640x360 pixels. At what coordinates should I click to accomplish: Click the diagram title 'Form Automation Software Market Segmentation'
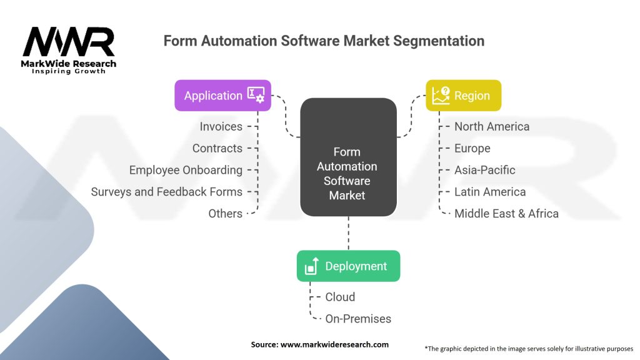coord(324,41)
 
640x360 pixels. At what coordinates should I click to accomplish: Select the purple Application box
coord(222,96)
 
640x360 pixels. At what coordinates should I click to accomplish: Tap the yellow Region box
coord(463,96)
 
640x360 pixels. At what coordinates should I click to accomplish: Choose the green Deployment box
coord(348,266)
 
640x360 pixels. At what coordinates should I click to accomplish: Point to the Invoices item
coord(221,126)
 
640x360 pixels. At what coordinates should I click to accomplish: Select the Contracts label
coord(217,148)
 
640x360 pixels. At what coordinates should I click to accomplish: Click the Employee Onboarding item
coord(186,170)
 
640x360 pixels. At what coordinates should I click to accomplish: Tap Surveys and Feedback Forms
coord(167,192)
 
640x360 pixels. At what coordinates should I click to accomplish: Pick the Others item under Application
coord(225,214)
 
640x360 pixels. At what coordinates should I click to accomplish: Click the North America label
coord(492,126)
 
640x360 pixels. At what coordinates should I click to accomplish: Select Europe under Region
coord(472,148)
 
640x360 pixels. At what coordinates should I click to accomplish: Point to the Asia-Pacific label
coord(485,170)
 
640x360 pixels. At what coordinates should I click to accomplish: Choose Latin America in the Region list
coord(490,192)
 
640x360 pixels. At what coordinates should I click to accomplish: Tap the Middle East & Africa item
coord(506,214)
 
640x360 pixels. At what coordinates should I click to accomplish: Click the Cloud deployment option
coord(340,297)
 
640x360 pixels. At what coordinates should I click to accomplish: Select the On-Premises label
coord(358,319)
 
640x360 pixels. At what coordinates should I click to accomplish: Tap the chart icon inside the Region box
coord(441,96)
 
